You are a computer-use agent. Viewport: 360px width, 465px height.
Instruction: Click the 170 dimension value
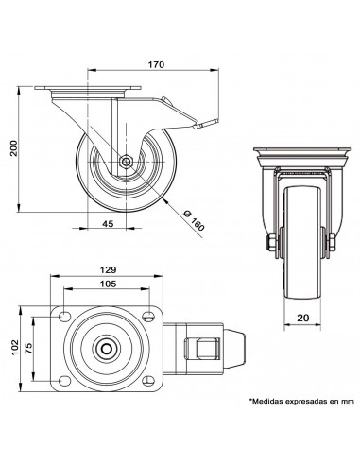[x=156, y=64]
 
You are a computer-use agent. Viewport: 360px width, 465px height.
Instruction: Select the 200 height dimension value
[x=14, y=147]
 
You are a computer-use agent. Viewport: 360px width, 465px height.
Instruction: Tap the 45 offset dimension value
[x=108, y=223]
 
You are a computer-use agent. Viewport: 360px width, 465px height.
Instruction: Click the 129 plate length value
[x=108, y=269]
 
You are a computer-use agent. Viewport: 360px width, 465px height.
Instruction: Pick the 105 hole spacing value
[x=108, y=284]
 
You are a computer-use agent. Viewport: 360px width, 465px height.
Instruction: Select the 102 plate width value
[x=15, y=348]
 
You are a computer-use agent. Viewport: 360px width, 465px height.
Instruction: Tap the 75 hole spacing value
[x=28, y=349]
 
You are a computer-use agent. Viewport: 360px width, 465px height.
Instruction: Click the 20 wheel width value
[x=303, y=318]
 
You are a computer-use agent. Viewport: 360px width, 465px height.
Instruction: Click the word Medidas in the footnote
[x=266, y=402]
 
